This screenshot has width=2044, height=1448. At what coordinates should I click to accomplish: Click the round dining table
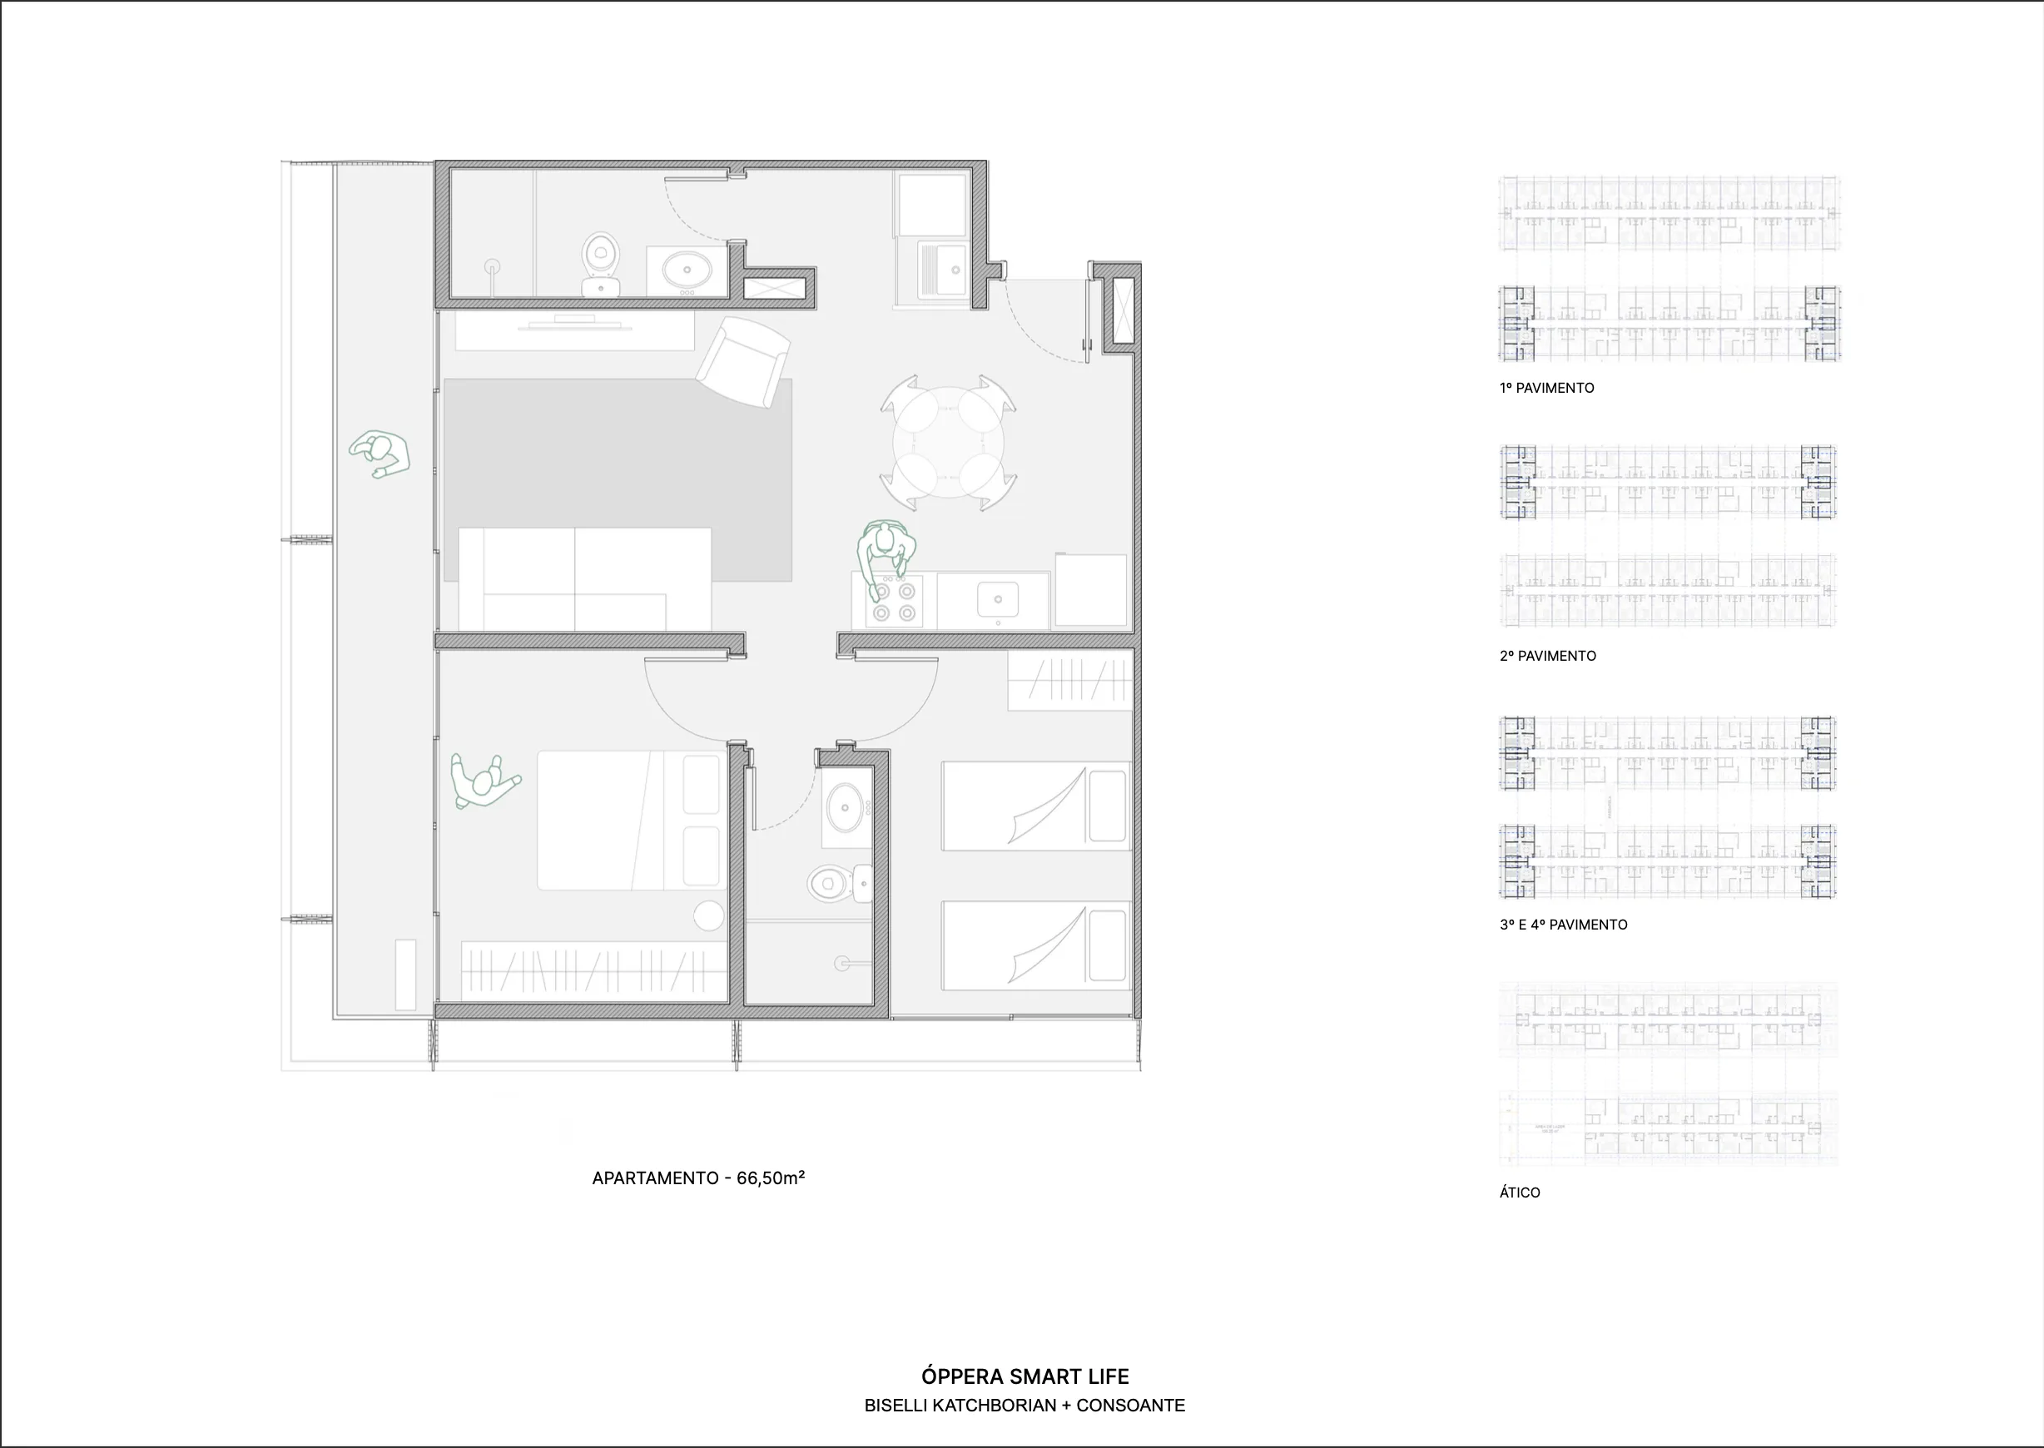click(948, 442)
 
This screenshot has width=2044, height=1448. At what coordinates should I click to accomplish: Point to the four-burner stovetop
click(895, 601)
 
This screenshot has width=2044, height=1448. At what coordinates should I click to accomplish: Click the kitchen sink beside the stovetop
click(997, 599)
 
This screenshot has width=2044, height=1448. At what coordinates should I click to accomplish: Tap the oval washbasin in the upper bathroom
click(686, 267)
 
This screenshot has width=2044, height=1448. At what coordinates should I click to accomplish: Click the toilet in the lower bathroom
click(836, 884)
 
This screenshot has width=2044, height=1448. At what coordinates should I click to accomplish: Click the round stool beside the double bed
click(709, 915)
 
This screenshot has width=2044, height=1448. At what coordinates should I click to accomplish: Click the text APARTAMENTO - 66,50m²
click(698, 1178)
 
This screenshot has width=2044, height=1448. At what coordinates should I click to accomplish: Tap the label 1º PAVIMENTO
click(1546, 388)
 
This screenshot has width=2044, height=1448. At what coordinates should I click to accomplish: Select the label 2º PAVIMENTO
click(1547, 657)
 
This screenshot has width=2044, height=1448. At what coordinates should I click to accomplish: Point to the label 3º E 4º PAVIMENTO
click(1563, 925)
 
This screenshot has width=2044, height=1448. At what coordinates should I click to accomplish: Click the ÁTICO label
click(1520, 1192)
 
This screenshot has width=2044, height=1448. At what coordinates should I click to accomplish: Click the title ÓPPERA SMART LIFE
click(1024, 1376)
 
